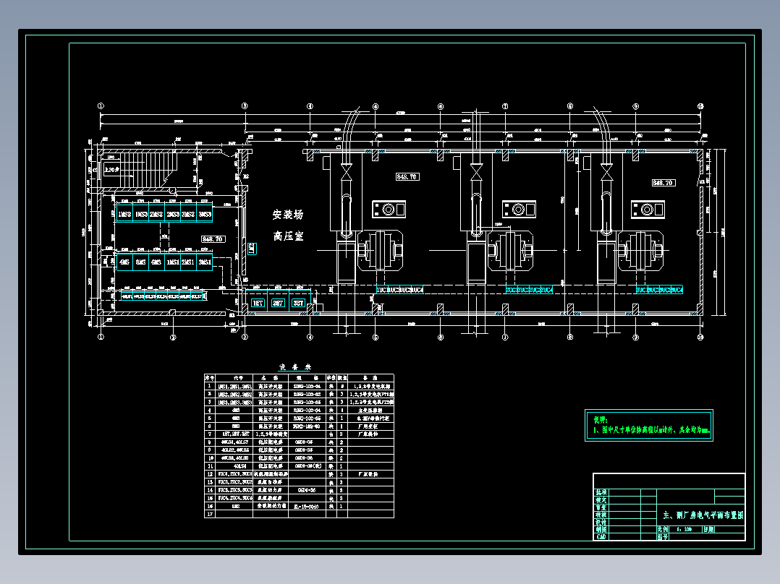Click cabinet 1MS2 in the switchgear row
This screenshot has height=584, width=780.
coord(124,215)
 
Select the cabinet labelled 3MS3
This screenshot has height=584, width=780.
coord(205,215)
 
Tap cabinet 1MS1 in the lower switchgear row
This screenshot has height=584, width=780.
coord(172,262)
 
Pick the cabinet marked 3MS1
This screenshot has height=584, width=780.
coord(205,262)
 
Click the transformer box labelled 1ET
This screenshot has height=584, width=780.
coord(258,304)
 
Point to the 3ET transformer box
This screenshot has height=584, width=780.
coord(298,304)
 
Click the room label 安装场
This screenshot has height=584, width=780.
coord(288,215)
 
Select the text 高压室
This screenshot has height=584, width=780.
coord(288,236)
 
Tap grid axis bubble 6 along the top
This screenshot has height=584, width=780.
coord(441,106)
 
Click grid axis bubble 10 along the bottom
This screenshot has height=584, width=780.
coord(700,337)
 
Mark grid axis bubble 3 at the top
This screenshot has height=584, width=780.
coord(245,106)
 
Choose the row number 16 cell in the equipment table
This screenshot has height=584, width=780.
coord(210,499)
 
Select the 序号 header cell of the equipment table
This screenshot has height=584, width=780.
coord(210,377)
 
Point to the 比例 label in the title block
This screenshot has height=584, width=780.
coord(663,529)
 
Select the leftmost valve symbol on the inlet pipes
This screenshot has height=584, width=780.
coord(346,172)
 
